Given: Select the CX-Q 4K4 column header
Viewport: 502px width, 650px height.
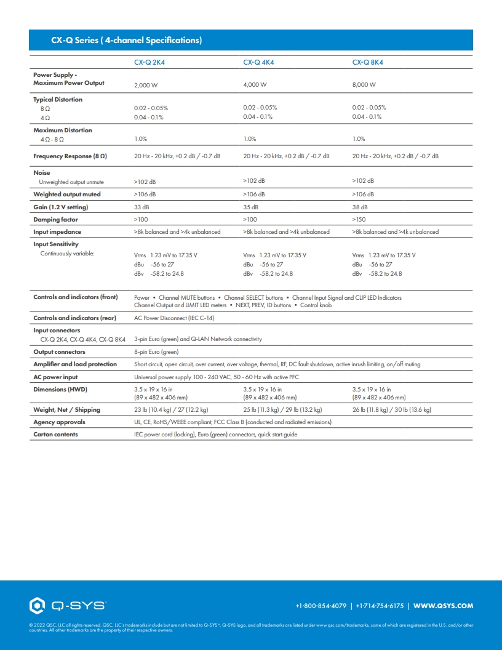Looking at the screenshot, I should point(258,62).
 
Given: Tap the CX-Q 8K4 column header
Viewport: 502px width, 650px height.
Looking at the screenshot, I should point(368,62).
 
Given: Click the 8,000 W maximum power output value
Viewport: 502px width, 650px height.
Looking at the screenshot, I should point(364,84).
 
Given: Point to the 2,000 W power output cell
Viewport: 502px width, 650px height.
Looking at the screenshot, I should point(146,85).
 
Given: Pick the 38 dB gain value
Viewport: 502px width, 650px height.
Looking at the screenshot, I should point(360,207).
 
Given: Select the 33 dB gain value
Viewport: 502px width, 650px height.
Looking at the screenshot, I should point(141,207).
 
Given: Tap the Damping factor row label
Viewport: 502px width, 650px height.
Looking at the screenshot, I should point(55,220).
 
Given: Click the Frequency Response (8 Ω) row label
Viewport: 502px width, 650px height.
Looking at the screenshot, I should point(70,156).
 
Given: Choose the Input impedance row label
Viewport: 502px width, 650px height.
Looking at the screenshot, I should point(57,232).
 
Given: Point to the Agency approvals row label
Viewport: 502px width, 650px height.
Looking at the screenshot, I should point(59,422).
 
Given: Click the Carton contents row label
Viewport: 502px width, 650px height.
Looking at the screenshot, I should point(55,435).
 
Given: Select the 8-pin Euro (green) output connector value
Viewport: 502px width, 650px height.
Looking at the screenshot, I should point(156,352).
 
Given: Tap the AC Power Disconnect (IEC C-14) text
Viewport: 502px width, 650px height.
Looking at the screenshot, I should point(174,318).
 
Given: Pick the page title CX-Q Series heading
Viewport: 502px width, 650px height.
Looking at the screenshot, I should point(126,41).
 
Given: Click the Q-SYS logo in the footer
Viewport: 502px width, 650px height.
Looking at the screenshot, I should point(68,606).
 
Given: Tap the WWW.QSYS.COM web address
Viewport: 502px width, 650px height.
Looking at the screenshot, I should point(443,606).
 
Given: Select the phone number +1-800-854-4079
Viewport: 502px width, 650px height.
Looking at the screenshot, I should point(322,606).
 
